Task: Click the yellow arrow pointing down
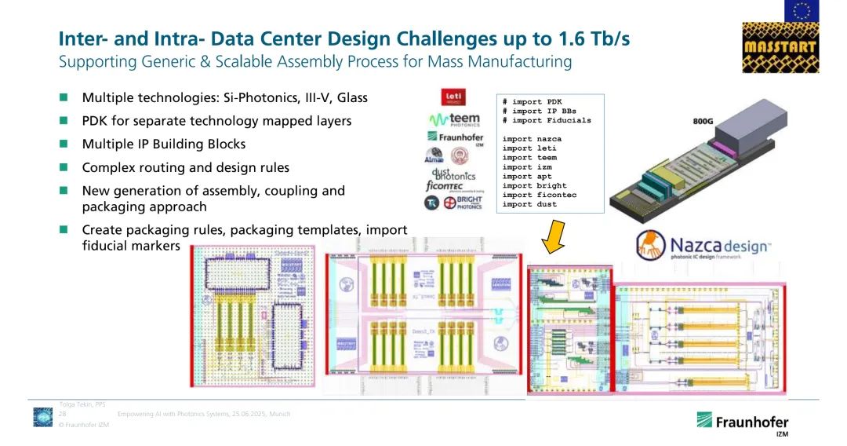(555, 236)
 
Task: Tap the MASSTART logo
(780, 46)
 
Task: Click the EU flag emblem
(802, 10)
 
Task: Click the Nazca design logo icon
(652, 246)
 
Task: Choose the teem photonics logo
(454, 119)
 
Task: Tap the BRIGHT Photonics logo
(463, 203)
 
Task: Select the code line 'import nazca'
(532, 139)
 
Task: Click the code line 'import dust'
(529, 204)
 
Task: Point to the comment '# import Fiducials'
(547, 120)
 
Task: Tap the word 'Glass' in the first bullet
(350, 98)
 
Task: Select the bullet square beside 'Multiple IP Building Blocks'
(64, 144)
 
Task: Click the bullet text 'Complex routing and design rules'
(185, 167)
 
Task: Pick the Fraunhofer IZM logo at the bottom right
(742, 422)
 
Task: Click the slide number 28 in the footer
(62, 413)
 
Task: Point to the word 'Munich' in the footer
(279, 413)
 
